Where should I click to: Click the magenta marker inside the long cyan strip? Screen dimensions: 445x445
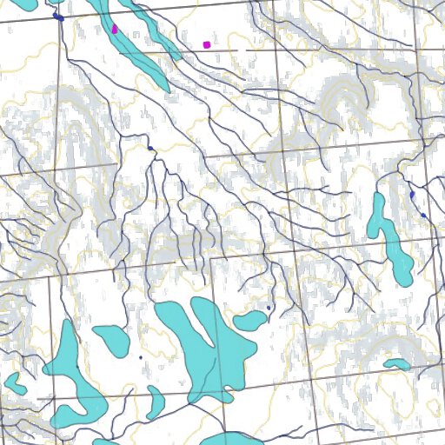(115, 29)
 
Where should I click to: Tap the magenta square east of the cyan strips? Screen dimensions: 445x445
(206, 43)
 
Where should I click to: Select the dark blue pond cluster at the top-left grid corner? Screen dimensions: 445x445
(58, 17)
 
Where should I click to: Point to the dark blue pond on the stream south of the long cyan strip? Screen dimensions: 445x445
(151, 149)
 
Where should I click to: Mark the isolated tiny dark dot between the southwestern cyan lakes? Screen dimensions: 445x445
(140, 356)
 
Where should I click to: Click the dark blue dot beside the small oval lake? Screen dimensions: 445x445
(269, 308)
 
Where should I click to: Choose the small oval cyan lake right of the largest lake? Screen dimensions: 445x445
(249, 322)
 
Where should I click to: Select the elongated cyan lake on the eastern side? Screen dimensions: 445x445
(391, 243)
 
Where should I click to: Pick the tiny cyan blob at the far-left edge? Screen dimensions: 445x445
(12, 381)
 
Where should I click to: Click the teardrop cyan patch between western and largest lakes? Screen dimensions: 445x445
(112, 335)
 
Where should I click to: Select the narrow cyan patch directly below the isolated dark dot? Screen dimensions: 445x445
(155, 401)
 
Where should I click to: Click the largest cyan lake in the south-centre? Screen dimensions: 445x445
(204, 343)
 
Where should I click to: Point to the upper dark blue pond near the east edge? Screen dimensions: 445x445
(411, 197)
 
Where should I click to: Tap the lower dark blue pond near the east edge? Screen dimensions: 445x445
(423, 215)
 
